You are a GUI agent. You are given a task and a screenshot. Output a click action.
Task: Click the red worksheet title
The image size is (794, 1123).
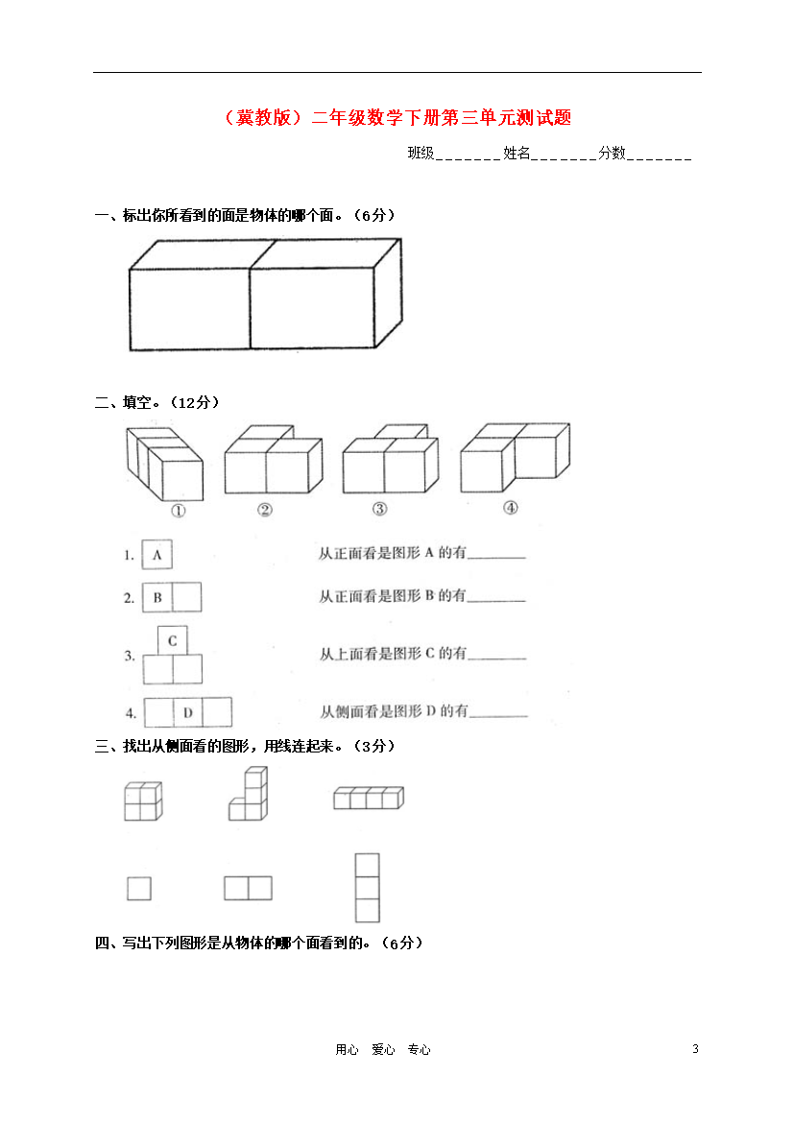point(397,117)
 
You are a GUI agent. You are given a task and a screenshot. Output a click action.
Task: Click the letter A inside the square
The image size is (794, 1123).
point(156,555)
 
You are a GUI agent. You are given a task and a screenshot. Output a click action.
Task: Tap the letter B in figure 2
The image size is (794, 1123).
point(157,597)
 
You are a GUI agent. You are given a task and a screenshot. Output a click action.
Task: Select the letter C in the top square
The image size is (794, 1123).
point(172,641)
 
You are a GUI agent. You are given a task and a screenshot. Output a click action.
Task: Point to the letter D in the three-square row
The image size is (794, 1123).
point(188,712)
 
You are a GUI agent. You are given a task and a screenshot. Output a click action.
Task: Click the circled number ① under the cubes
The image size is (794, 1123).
point(179,511)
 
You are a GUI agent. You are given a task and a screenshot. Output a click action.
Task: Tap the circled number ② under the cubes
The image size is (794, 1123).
point(265,510)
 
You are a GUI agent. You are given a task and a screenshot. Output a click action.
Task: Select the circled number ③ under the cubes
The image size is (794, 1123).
point(380,509)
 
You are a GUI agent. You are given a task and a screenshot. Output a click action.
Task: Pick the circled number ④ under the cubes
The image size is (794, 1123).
point(510,508)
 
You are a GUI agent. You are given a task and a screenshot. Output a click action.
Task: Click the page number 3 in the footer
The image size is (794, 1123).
point(695,1048)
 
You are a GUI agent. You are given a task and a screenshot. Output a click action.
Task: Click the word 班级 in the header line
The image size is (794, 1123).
point(421,153)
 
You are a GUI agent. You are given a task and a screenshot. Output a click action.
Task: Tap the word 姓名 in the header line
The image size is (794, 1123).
point(517,153)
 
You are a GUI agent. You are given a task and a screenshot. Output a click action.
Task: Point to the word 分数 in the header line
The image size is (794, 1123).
point(612,153)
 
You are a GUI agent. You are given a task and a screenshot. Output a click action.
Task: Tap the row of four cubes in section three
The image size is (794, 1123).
point(369,798)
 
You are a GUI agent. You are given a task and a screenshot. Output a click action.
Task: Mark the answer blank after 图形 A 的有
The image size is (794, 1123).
point(496,558)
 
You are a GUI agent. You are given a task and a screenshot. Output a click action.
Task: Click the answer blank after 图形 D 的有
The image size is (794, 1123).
point(498,715)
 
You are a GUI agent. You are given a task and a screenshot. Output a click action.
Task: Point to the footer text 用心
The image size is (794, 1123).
point(347,1049)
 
